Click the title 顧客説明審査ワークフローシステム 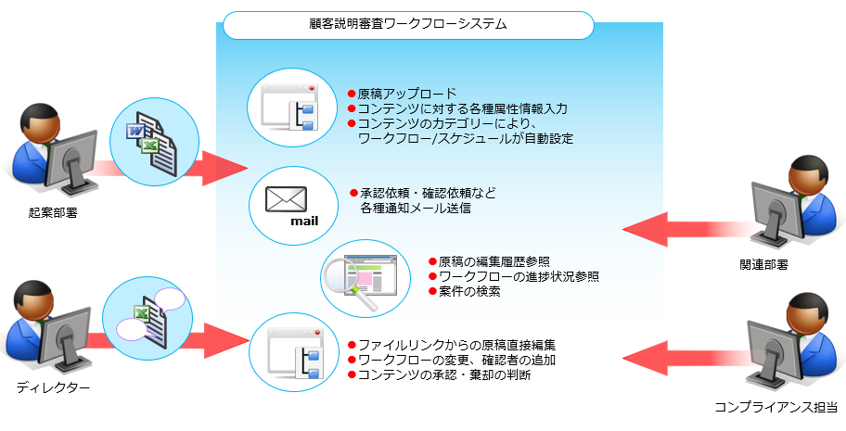[406, 25]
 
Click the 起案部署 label [53, 212]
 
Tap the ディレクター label [53, 387]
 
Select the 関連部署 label [789, 264]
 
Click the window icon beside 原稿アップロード [289, 109]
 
